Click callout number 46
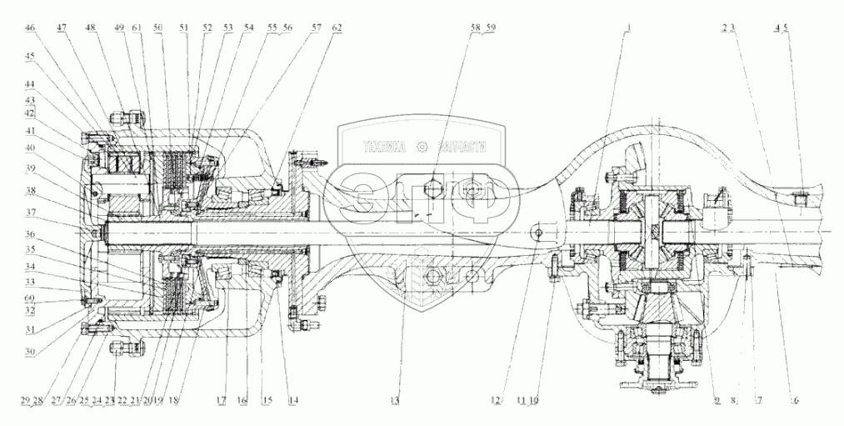[30, 28]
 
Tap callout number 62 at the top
[336, 28]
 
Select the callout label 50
[158, 28]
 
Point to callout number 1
[630, 28]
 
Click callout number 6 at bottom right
[795, 400]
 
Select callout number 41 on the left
[30, 131]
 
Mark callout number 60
[30, 298]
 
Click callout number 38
[30, 189]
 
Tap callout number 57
[317, 28]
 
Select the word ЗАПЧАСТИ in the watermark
[458, 148]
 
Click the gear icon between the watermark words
[423, 148]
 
